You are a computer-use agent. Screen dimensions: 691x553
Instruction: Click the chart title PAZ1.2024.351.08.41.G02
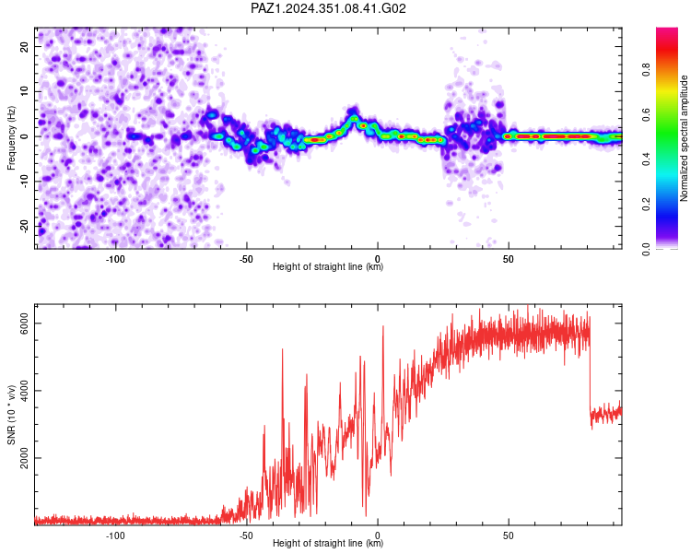click(328, 8)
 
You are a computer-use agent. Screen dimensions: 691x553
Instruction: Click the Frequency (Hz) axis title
click(11, 138)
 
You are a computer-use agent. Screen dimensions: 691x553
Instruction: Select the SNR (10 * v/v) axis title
click(11, 415)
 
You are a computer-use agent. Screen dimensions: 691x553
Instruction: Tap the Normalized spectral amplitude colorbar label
click(684, 138)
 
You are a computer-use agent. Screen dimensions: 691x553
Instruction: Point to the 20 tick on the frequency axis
click(24, 47)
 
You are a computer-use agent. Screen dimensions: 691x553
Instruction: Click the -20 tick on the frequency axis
click(24, 226)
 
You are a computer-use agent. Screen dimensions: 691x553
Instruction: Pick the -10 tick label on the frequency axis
click(24, 182)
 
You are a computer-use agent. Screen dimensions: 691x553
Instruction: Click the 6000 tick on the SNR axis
click(24, 324)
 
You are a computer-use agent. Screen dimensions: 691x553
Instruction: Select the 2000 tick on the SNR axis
click(24, 458)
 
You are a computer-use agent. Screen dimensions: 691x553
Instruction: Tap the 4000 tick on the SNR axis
click(24, 391)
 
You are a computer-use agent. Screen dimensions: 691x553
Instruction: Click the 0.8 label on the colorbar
click(646, 70)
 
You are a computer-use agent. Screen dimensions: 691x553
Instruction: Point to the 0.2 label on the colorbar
click(646, 205)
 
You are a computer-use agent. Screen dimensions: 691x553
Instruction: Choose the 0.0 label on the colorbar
click(646, 249)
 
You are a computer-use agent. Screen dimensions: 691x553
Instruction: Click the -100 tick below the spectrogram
click(115, 259)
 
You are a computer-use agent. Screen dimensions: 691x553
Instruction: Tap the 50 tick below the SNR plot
click(508, 535)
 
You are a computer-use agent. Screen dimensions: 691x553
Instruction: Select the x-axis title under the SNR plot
click(328, 543)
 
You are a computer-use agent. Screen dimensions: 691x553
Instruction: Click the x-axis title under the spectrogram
click(328, 266)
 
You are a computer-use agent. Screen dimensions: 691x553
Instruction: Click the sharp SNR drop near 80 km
click(590, 371)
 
